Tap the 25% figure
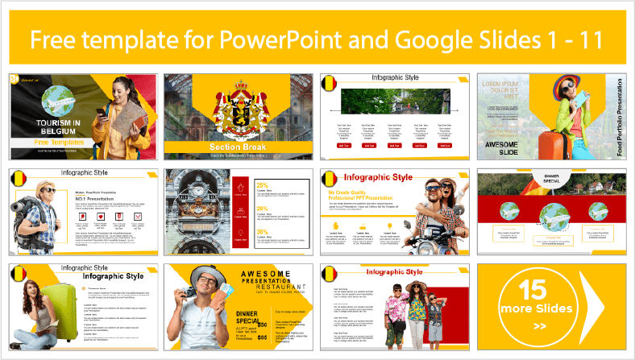coord(262,187)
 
